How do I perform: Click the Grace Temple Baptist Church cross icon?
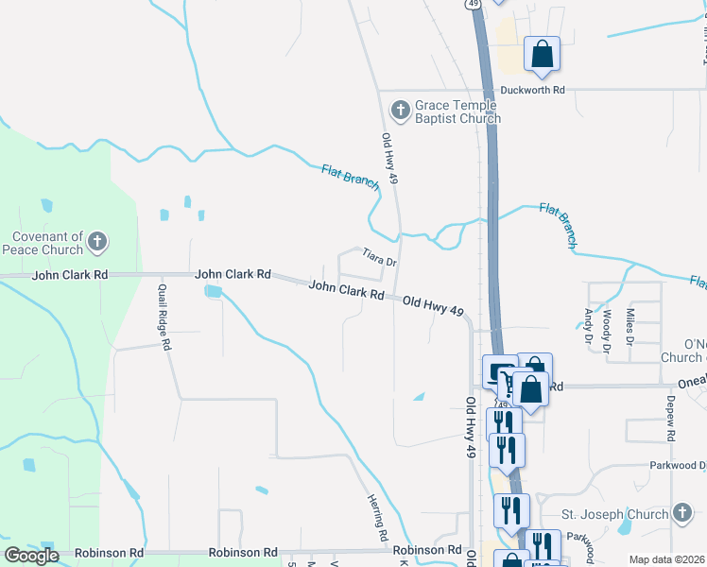pos(400,111)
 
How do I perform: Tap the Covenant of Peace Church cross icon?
pos(97,244)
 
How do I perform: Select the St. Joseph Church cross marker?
pos(682,514)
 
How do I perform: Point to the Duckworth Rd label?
pos(533,90)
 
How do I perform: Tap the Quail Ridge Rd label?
pos(163,318)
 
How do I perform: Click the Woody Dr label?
pos(607,325)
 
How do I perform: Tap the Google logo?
pos(31,556)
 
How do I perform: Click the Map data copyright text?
pos(666,559)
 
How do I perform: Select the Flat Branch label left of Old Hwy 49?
pos(351,177)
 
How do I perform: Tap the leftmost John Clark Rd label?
pos(70,275)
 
